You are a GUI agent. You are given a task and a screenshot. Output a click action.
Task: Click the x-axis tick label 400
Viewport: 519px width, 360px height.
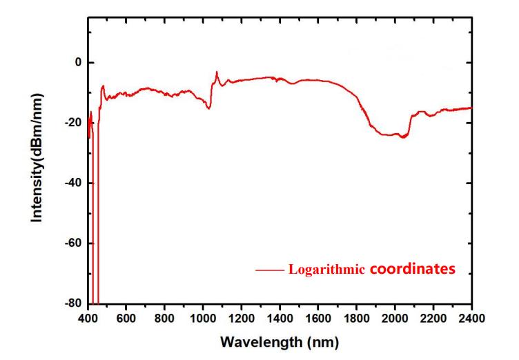pyautogui.click(x=88, y=318)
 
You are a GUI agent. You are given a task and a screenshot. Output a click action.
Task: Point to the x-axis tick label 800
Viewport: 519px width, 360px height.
pyautogui.click(x=164, y=318)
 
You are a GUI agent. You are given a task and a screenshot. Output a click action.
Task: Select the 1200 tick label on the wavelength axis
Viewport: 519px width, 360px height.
pyautogui.click(x=241, y=318)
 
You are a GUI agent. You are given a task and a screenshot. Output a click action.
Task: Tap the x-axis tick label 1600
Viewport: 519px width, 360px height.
pyautogui.click(x=317, y=318)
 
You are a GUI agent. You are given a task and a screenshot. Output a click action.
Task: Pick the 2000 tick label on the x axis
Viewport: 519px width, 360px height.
pyautogui.click(x=394, y=318)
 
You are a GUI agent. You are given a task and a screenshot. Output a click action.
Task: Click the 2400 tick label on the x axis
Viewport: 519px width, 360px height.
pyautogui.click(x=471, y=318)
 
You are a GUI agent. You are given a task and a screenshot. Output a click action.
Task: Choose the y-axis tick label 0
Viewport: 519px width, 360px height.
pyautogui.click(x=78, y=63)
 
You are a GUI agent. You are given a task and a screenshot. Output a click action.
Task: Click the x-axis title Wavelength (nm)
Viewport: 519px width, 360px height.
pyautogui.click(x=280, y=341)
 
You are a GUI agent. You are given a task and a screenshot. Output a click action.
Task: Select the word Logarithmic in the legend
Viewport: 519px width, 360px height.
pyautogui.click(x=326, y=270)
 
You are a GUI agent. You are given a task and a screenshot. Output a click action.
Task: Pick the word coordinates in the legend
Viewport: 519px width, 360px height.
pyautogui.click(x=413, y=269)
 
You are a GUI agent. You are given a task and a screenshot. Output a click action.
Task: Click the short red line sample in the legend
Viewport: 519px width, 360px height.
pyautogui.click(x=269, y=270)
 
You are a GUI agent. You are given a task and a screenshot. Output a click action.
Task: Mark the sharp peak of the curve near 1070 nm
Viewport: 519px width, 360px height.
pyautogui.click(x=217, y=72)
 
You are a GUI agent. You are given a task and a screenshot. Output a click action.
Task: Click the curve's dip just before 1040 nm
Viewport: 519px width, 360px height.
pyautogui.click(x=208, y=108)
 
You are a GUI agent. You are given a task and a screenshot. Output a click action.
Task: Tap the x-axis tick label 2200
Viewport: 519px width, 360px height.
pyautogui.click(x=433, y=318)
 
